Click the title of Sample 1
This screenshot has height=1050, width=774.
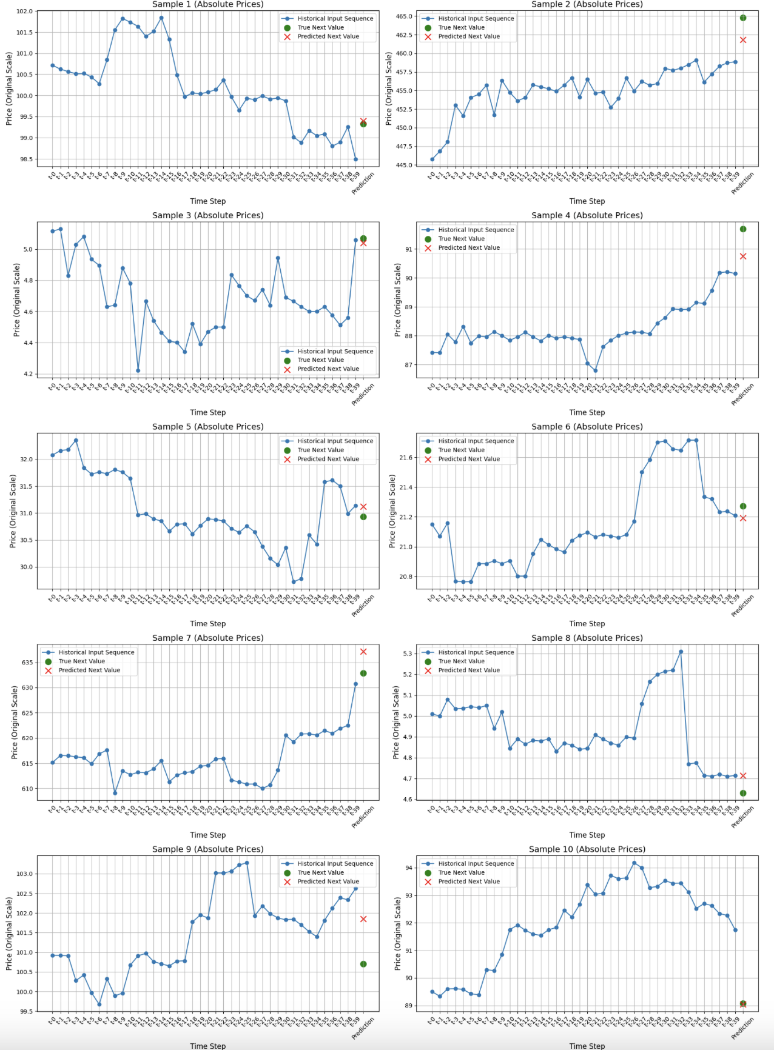[207, 4]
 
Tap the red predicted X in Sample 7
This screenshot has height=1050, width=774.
[363, 652]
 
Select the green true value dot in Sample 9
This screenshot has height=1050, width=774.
[363, 964]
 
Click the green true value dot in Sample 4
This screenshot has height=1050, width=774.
[743, 229]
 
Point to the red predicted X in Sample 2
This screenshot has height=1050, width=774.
[743, 40]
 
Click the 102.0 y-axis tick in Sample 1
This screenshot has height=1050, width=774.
[24, 12]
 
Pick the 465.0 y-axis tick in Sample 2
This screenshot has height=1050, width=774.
[404, 16]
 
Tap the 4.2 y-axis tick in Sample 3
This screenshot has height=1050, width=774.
[28, 374]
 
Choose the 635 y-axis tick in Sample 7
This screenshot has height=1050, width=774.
[27, 663]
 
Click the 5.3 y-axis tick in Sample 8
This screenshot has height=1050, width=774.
[407, 654]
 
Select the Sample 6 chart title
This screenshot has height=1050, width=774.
[587, 427]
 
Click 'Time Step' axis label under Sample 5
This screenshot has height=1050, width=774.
[207, 623]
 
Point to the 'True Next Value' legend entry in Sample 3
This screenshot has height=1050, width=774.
[320, 360]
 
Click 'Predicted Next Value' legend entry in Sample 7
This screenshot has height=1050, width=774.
[89, 670]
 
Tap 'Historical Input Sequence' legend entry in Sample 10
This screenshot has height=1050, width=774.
[476, 863]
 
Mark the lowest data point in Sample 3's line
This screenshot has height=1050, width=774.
[138, 370]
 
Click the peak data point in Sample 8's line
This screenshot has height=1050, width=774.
[681, 652]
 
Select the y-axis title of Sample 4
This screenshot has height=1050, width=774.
[398, 299]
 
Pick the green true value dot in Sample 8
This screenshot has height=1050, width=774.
[743, 793]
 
